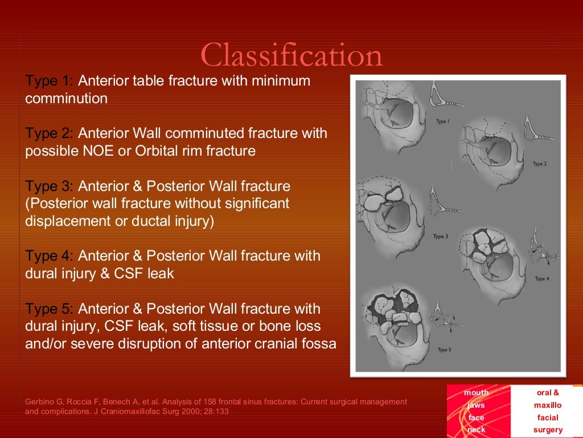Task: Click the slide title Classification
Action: (291, 55)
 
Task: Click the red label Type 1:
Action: (49, 81)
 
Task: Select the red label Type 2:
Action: (49, 133)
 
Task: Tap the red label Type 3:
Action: (49, 186)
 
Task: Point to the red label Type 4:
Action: (49, 256)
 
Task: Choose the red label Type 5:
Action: (49, 309)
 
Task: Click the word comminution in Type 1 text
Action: (66, 99)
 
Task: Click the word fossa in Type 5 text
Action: (319, 344)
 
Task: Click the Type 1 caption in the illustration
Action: (442, 121)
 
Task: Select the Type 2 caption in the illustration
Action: (539, 164)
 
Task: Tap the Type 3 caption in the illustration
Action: (441, 236)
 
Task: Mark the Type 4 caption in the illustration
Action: (541, 279)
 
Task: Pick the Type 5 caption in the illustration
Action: (444, 350)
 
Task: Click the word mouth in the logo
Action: (476, 392)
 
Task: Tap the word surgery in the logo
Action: (547, 430)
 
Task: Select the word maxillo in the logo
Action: (547, 405)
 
